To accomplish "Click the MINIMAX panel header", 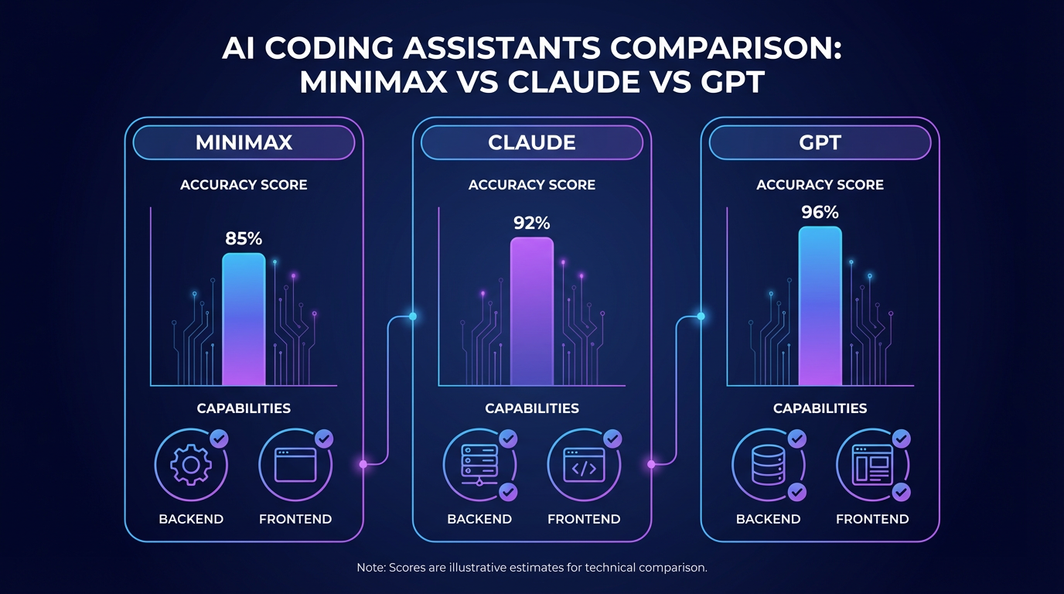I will (x=244, y=143).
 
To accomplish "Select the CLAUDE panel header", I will (x=532, y=143).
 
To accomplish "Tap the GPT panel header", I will (x=820, y=143).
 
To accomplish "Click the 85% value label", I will (x=244, y=239).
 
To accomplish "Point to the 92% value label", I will (x=532, y=223).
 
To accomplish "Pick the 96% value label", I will (x=820, y=212).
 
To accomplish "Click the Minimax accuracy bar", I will (x=244, y=319).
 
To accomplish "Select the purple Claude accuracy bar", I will (x=532, y=312).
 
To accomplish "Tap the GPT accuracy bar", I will (x=820, y=306).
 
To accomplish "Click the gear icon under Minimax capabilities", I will (x=190, y=465).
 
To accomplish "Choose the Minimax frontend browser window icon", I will (x=295, y=465).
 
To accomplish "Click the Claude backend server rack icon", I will (x=479, y=465).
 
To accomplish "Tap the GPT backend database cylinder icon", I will (x=767, y=465).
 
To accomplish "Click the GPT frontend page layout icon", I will (x=872, y=465).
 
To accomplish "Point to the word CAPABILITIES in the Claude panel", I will (x=532, y=408).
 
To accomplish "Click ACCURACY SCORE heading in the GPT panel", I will (x=820, y=185).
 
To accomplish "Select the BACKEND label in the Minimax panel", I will (x=191, y=519).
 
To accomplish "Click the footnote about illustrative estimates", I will (x=532, y=568).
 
